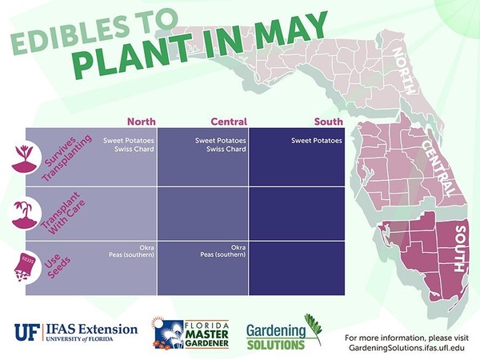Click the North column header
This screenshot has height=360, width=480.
pos(142,122)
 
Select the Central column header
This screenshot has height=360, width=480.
pos(229,122)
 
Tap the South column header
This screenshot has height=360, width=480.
pos(329,122)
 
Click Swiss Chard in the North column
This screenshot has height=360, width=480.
pos(134,149)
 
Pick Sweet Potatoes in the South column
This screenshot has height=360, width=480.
pos(317,141)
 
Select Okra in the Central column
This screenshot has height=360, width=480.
pos(238,247)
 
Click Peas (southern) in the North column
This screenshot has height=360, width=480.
pos(132,254)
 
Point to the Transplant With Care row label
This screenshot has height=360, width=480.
pos(62,214)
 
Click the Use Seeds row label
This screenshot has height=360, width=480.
pos(58,266)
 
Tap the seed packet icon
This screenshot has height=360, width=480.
pos(25,267)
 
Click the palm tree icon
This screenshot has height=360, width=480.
pos(25,214)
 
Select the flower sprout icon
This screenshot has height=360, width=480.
pos(24,158)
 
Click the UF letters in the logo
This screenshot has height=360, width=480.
pos(27,333)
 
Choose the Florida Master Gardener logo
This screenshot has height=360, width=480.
pos(191,334)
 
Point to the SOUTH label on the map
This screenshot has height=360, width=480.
pos(460,249)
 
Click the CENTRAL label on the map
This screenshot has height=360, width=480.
pos(438,168)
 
